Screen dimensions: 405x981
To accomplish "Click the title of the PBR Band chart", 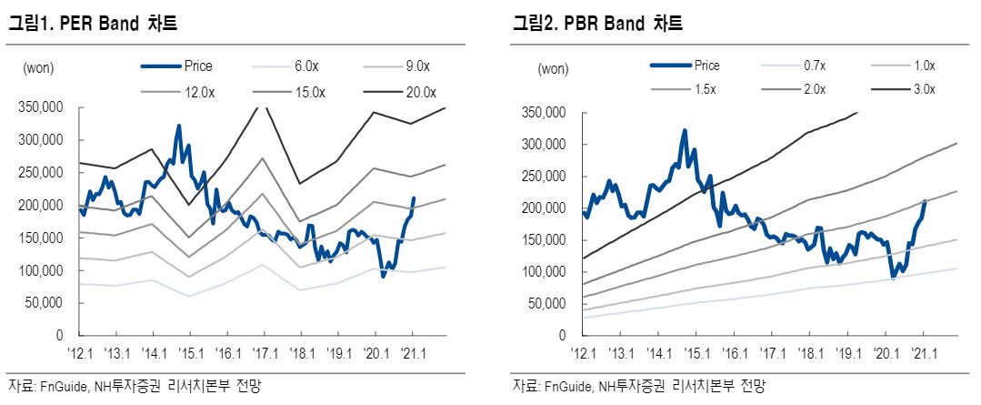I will click(596, 25).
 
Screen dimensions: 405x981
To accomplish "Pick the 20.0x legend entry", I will click(422, 92).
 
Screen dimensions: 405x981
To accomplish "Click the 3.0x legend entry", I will click(923, 89).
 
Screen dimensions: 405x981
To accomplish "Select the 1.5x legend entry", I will click(705, 89).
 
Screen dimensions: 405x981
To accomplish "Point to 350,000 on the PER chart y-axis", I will click(41, 107).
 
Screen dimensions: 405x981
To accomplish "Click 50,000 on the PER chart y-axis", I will click(45, 303).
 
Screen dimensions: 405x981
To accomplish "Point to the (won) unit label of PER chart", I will click(38, 67).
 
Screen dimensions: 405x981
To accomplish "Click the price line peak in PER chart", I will click(178, 127).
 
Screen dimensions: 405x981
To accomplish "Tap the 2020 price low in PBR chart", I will click(894, 277).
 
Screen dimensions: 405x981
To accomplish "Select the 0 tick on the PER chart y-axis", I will click(59, 336).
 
